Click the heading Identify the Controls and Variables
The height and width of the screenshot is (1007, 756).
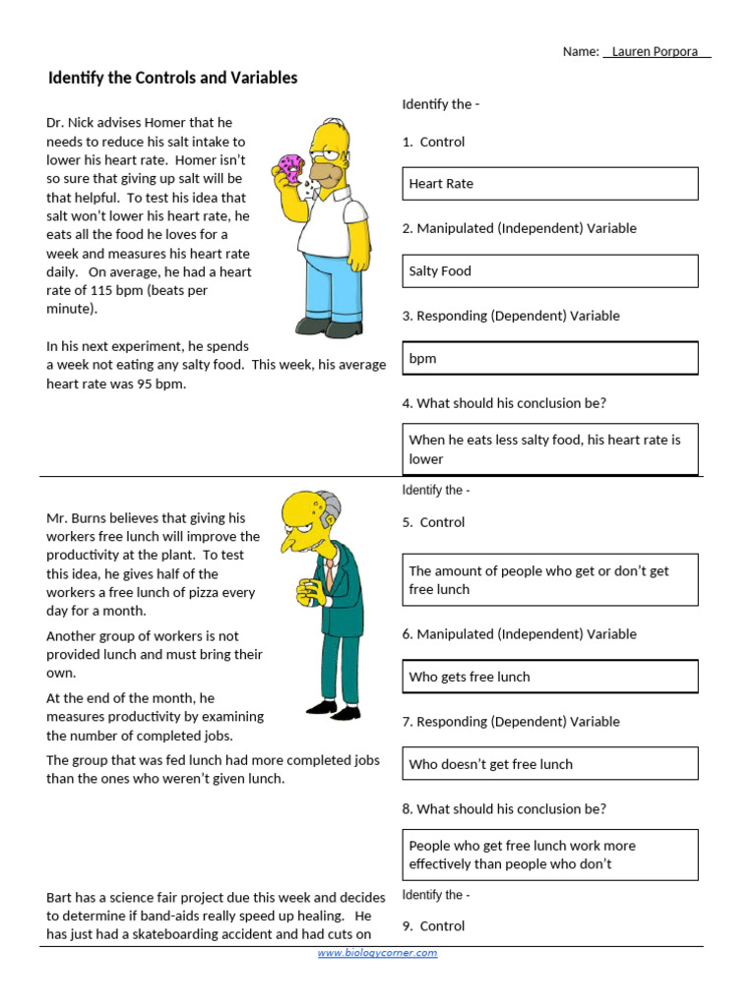pos(172,78)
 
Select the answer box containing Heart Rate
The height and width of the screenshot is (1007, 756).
pos(551,184)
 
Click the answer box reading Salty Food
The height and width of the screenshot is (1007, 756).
pos(551,271)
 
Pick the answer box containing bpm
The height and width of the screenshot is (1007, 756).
pos(551,359)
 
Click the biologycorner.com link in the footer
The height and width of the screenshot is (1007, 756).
pos(377,953)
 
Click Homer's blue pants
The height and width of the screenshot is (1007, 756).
pos(330,285)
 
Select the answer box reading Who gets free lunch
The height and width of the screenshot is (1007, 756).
pos(551,677)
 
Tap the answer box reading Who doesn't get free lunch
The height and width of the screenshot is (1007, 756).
pos(551,764)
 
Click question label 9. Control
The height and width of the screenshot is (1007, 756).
pos(433,926)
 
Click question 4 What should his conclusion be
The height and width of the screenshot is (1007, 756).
pos(504,403)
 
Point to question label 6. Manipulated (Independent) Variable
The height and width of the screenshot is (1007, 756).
pos(519,634)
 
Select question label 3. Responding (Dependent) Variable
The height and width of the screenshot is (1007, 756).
pos(511,316)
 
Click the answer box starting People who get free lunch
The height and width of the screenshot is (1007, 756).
pos(551,855)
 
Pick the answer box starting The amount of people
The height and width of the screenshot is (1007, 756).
pos(551,580)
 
